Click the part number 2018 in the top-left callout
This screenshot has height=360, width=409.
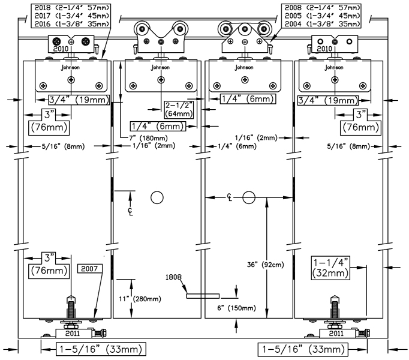42,8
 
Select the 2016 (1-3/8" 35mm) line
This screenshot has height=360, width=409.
72,24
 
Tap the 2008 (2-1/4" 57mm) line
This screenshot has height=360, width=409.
322,8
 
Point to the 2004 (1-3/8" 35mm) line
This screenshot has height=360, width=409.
322,24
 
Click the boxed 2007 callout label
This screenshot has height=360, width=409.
89,269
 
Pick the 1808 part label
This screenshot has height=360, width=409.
173,277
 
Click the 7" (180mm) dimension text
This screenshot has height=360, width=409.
148,138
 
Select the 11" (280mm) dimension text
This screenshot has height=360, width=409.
140,299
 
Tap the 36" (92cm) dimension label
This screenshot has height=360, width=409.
265,265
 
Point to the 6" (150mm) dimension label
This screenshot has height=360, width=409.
236,308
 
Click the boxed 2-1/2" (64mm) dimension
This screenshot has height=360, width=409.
179,110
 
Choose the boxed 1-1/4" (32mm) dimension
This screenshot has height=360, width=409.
330,268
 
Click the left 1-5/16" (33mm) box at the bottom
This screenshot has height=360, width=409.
101,349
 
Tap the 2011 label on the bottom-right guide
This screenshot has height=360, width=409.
336,334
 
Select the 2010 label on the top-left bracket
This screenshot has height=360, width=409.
61,49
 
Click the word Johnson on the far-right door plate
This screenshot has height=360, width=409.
333,68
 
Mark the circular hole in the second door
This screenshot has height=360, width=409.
157,197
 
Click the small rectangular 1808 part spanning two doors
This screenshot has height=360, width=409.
203,296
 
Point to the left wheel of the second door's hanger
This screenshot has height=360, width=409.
142,29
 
